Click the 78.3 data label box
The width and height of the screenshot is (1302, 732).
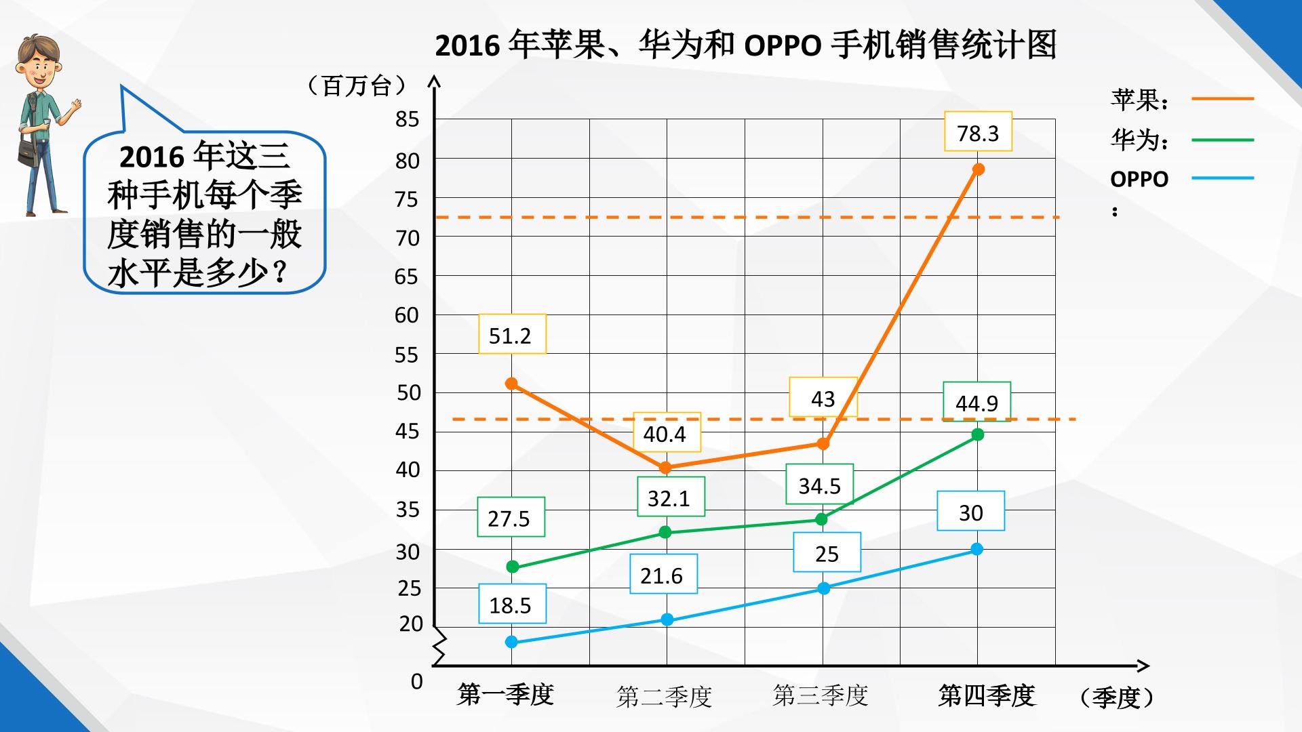[978, 131]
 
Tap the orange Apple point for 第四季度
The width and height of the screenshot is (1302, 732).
[978, 169]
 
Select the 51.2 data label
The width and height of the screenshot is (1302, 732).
[512, 334]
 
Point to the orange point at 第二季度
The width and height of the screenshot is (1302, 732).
[665, 468]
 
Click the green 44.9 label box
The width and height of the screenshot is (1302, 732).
[976, 402]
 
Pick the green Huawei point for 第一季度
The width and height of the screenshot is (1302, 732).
[513, 567]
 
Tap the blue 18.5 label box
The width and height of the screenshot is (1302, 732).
[512, 604]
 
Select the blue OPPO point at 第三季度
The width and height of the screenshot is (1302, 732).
[823, 588]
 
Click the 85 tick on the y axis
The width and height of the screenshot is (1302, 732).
[407, 120]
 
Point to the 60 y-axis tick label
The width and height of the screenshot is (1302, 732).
[407, 315]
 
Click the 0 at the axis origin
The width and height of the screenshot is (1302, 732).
[416, 681]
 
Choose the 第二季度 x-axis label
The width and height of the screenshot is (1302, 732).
[664, 696]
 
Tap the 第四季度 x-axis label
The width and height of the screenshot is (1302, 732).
[987, 695]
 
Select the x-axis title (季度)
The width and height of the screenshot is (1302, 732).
[1116, 697]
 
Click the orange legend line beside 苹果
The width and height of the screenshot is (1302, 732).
[1223, 99]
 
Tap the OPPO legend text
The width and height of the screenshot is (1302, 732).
[1139, 179]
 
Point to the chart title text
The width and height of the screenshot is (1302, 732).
[745, 45]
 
